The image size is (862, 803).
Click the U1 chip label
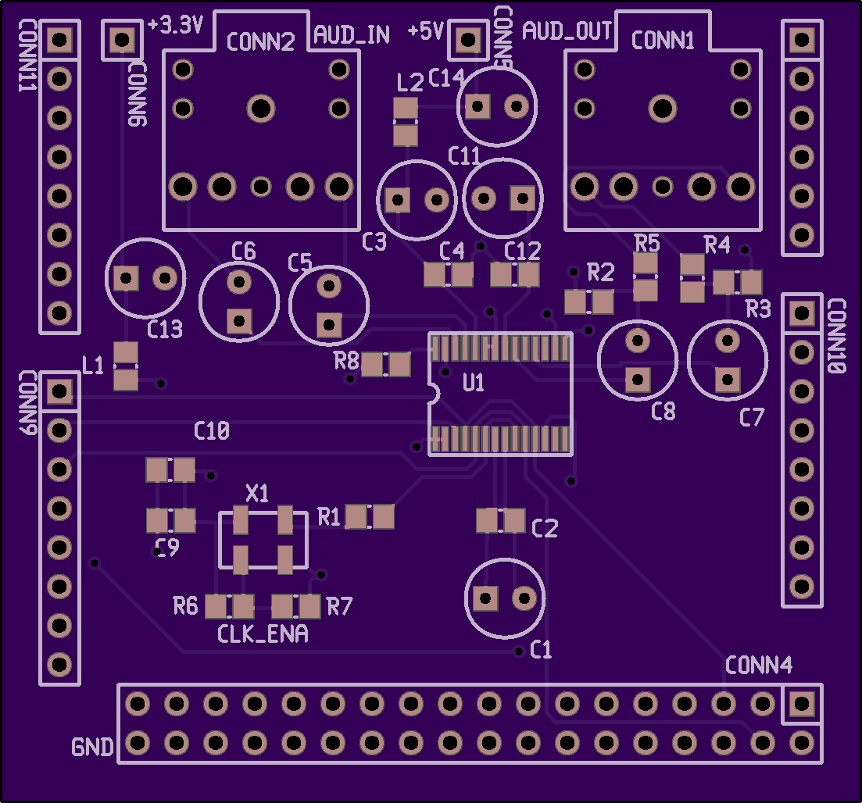coord(474,383)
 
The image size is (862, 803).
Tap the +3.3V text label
coord(176,25)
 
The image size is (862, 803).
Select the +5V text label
coord(425,31)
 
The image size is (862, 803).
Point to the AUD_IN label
coord(352,35)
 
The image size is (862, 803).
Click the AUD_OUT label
coord(567,30)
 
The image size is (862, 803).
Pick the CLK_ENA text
coord(263,634)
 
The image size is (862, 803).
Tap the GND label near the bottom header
coord(92,748)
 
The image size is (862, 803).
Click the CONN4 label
coord(759,666)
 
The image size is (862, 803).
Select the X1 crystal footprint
coord(263,541)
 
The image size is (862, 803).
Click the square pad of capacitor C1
coord(485,598)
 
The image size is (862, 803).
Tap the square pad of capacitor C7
coord(728,380)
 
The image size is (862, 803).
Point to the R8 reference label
coord(346,361)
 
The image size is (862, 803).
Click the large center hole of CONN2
coord(261,109)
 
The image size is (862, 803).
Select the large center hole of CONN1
coord(663,109)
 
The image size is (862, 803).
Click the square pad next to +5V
coord(468,40)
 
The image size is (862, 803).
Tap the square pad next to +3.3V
coord(122,40)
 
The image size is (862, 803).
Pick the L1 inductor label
coord(92,366)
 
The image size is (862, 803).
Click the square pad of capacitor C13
coord(126,279)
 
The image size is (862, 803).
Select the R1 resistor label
coord(329,517)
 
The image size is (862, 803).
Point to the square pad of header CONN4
coord(802,704)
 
